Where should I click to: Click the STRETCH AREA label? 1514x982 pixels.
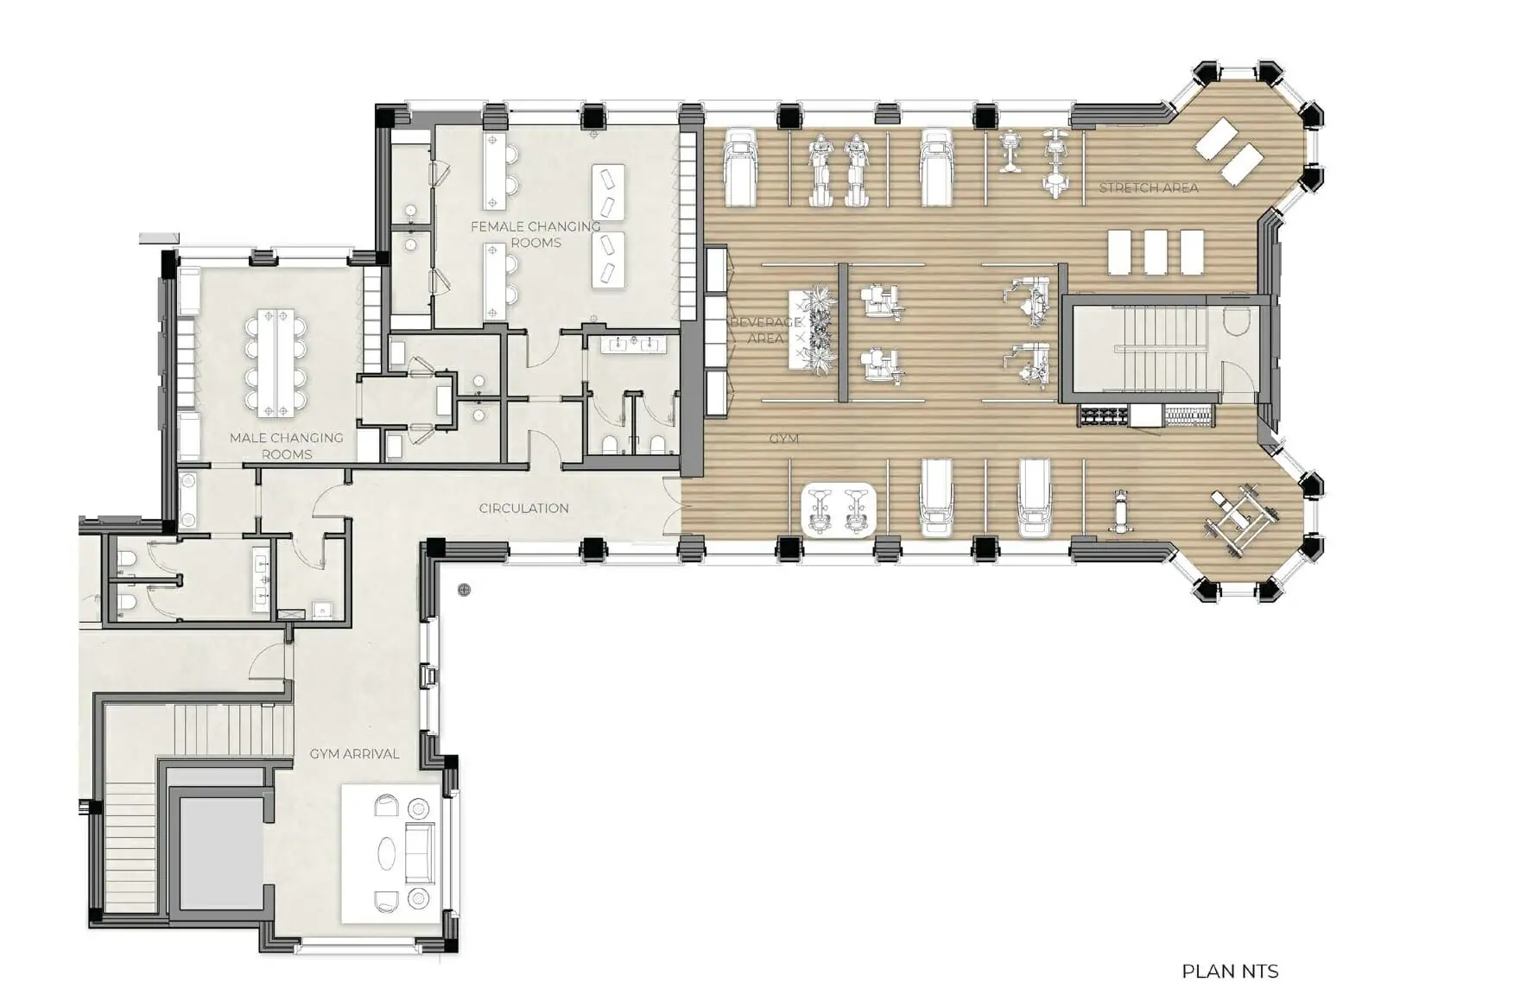pyautogui.click(x=1148, y=187)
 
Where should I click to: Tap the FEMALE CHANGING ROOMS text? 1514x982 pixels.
pyautogui.click(x=535, y=234)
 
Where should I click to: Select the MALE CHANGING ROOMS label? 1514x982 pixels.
pyautogui.click(x=287, y=446)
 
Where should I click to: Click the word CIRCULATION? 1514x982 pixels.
pyautogui.click(x=523, y=508)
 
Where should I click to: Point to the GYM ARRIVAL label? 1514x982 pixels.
pyautogui.click(x=354, y=754)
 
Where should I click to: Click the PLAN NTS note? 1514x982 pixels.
pyautogui.click(x=1229, y=971)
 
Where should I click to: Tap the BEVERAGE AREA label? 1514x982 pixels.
pyautogui.click(x=765, y=330)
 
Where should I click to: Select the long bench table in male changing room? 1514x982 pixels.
pyautogui.click(x=276, y=358)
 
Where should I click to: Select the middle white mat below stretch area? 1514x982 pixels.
pyautogui.click(x=1155, y=251)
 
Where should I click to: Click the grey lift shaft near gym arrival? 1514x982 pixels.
pyautogui.click(x=221, y=851)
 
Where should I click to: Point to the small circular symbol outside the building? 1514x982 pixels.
pyautogui.click(x=465, y=590)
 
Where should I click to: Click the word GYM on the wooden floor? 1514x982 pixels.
pyautogui.click(x=783, y=439)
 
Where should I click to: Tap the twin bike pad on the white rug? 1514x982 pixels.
pyautogui.click(x=839, y=510)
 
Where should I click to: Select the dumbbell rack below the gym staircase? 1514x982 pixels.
pyautogui.click(x=1102, y=417)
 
